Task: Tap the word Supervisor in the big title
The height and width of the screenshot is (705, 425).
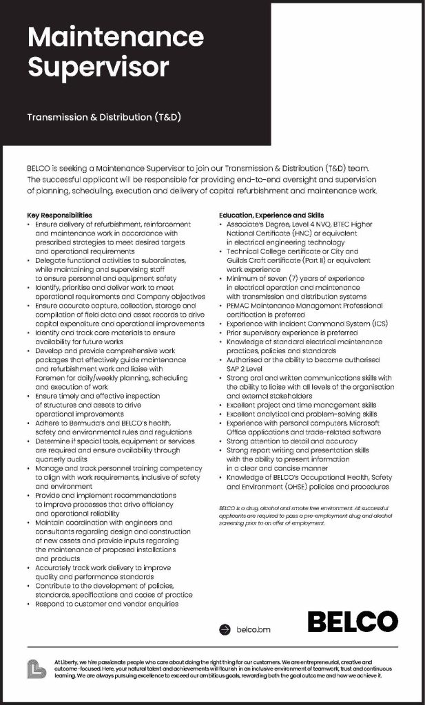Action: [x=97, y=67]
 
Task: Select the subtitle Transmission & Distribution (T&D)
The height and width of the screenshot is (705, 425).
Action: [x=103, y=117]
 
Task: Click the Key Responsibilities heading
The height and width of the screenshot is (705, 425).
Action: [x=59, y=215]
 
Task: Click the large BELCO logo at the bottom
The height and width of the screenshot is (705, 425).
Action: [x=352, y=622]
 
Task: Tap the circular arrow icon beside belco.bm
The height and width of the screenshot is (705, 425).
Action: [x=224, y=629]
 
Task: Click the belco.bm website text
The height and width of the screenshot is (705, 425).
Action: [x=253, y=629]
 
